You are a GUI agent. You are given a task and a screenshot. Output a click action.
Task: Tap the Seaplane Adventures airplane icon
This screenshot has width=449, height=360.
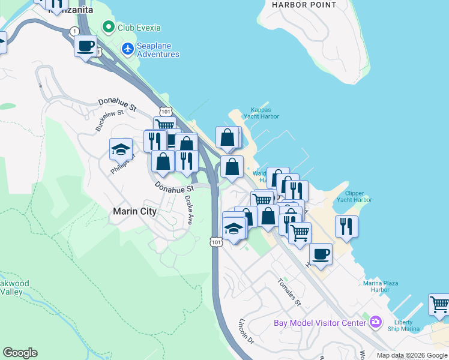pos(127,48)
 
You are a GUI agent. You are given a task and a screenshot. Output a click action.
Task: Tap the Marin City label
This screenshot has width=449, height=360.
pos(135,211)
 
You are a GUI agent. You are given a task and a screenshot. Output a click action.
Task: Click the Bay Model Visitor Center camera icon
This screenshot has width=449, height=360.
pos(376,322)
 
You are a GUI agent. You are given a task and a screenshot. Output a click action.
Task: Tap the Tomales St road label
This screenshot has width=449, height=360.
pos(289,292)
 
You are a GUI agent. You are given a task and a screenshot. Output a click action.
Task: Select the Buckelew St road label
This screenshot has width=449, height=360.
pos(109,120)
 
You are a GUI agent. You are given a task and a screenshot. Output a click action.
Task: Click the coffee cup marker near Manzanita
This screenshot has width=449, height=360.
pos(86,45)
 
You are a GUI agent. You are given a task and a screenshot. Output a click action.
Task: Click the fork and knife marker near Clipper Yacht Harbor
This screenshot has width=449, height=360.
pos(346,226)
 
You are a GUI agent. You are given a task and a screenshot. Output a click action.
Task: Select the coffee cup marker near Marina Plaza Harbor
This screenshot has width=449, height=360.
pos(321,254)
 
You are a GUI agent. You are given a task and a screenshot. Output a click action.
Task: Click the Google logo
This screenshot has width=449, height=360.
pos(20,353)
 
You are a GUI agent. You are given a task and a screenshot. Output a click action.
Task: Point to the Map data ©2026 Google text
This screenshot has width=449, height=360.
pos(412,355)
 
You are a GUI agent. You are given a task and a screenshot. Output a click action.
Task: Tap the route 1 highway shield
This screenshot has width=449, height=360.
pos(74,31)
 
